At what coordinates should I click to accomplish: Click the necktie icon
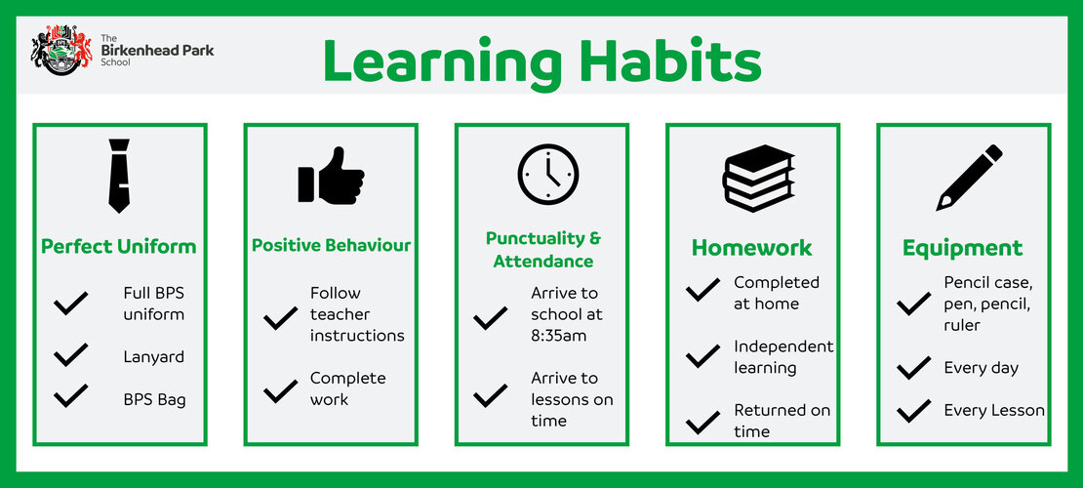119,176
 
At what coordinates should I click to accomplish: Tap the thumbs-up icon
331,176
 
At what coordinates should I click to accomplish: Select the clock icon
548,175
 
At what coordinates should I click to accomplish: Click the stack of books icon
758,178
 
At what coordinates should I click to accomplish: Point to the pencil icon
969,177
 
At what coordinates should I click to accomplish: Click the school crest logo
61,50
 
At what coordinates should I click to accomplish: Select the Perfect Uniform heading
119,247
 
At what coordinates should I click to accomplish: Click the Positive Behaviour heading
331,245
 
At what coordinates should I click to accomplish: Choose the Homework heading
752,248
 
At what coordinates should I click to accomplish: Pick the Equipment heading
963,248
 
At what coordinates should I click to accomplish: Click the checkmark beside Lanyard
71,354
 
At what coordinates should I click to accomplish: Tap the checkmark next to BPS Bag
71,395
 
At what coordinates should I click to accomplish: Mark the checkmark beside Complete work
280,391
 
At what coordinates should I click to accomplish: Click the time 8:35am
558,335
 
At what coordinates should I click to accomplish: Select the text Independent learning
783,356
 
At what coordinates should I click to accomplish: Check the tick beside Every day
914,368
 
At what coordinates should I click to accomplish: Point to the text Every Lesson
994,411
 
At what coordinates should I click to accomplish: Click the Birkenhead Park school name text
157,51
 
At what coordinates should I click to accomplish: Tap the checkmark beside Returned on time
703,422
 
